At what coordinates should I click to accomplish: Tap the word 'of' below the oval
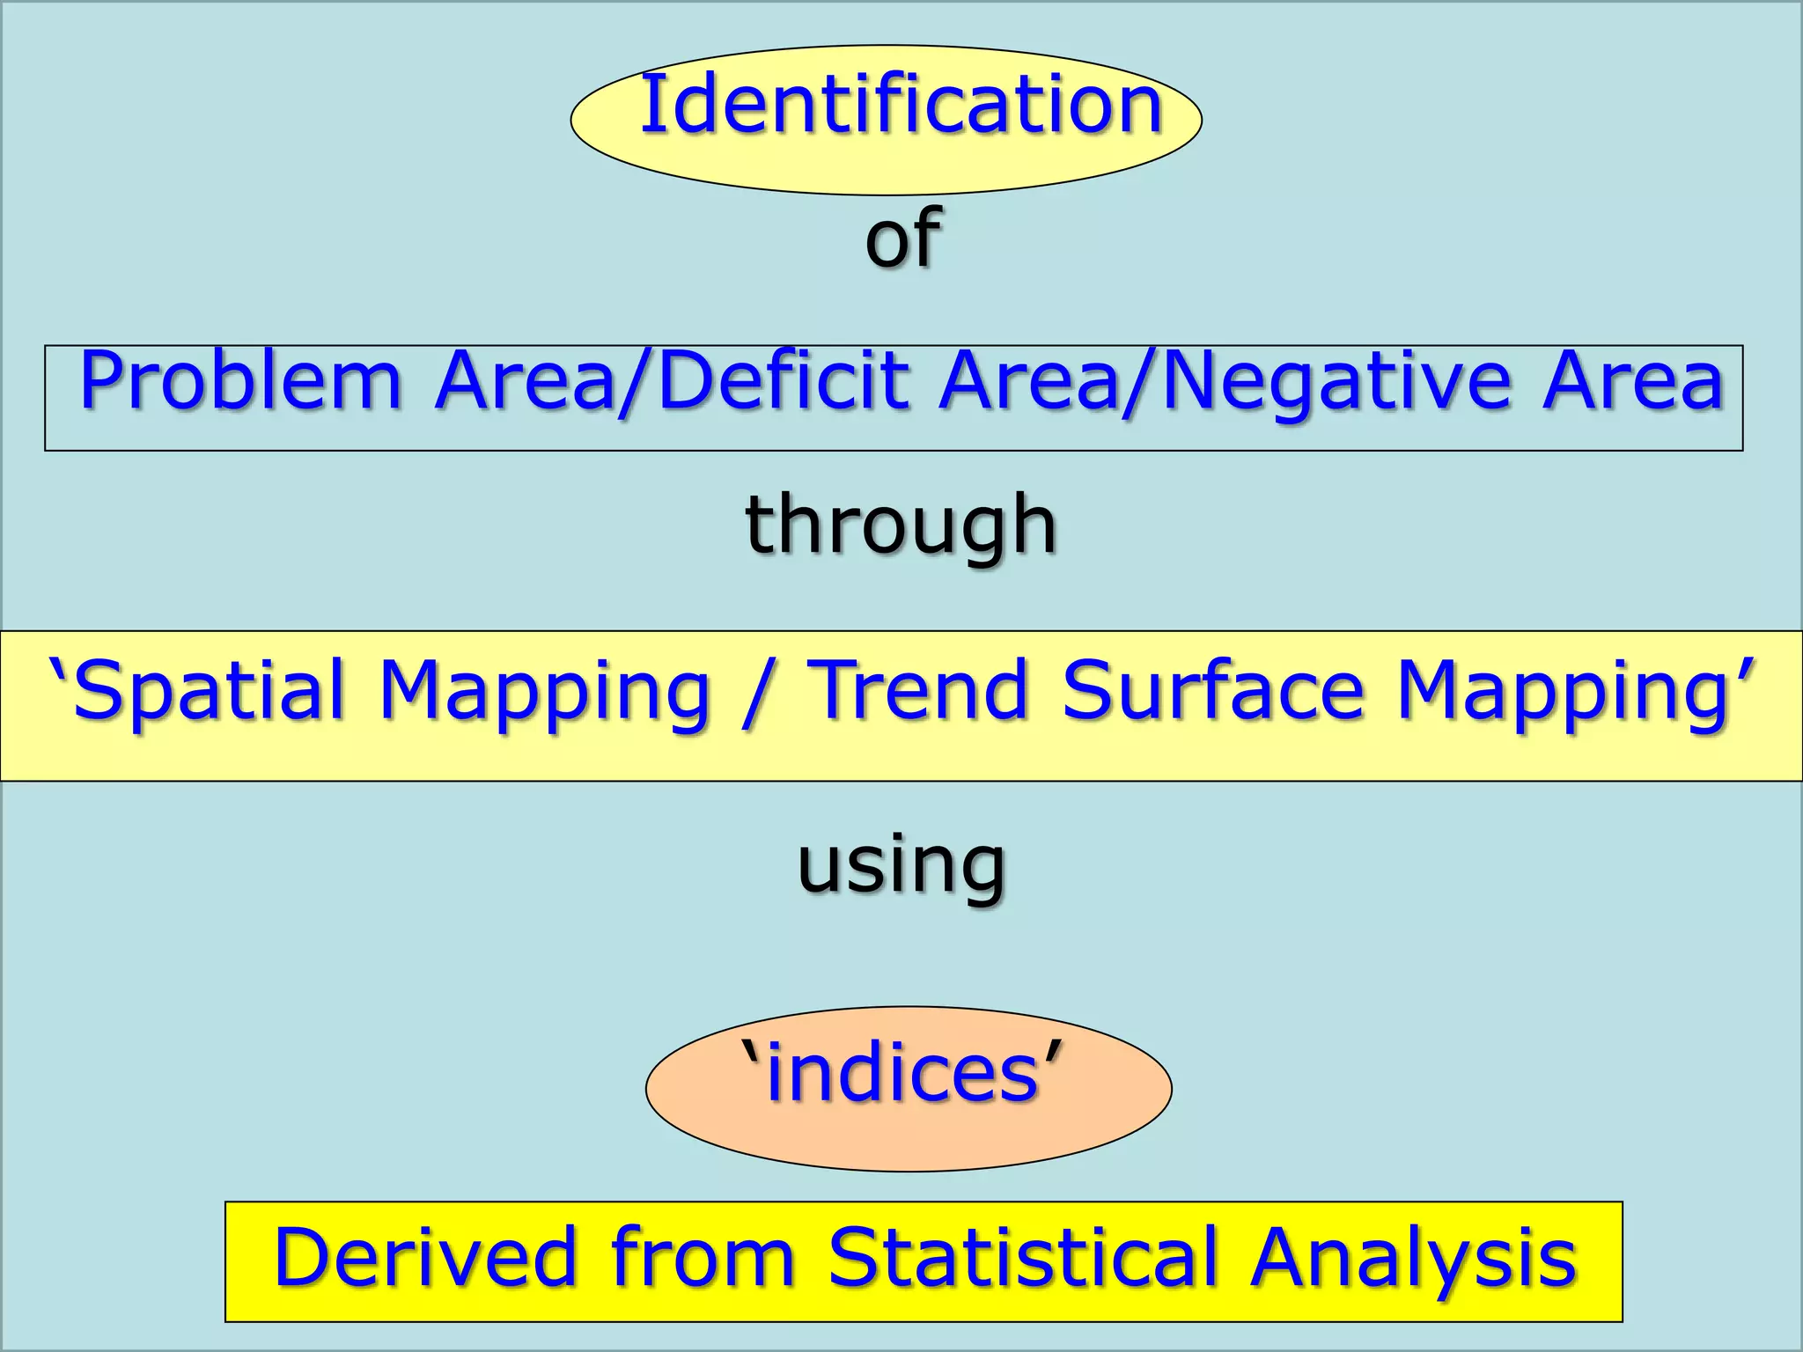click(x=902, y=237)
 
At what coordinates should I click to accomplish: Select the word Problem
click(x=240, y=381)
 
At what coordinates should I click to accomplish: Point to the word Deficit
click(x=784, y=381)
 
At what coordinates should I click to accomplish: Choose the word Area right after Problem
click(x=525, y=381)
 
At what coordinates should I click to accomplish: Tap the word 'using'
click(x=901, y=867)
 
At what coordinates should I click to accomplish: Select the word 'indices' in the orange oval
click(x=903, y=1073)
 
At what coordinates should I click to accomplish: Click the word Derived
click(x=425, y=1258)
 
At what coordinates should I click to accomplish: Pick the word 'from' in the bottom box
click(x=703, y=1258)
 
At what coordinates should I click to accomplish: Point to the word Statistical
click(x=1023, y=1258)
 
